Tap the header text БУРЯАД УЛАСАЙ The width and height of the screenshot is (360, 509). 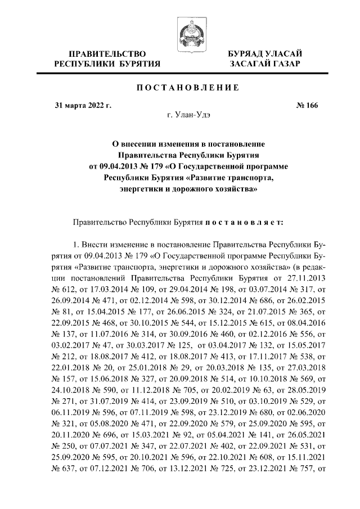(x=264, y=53)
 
